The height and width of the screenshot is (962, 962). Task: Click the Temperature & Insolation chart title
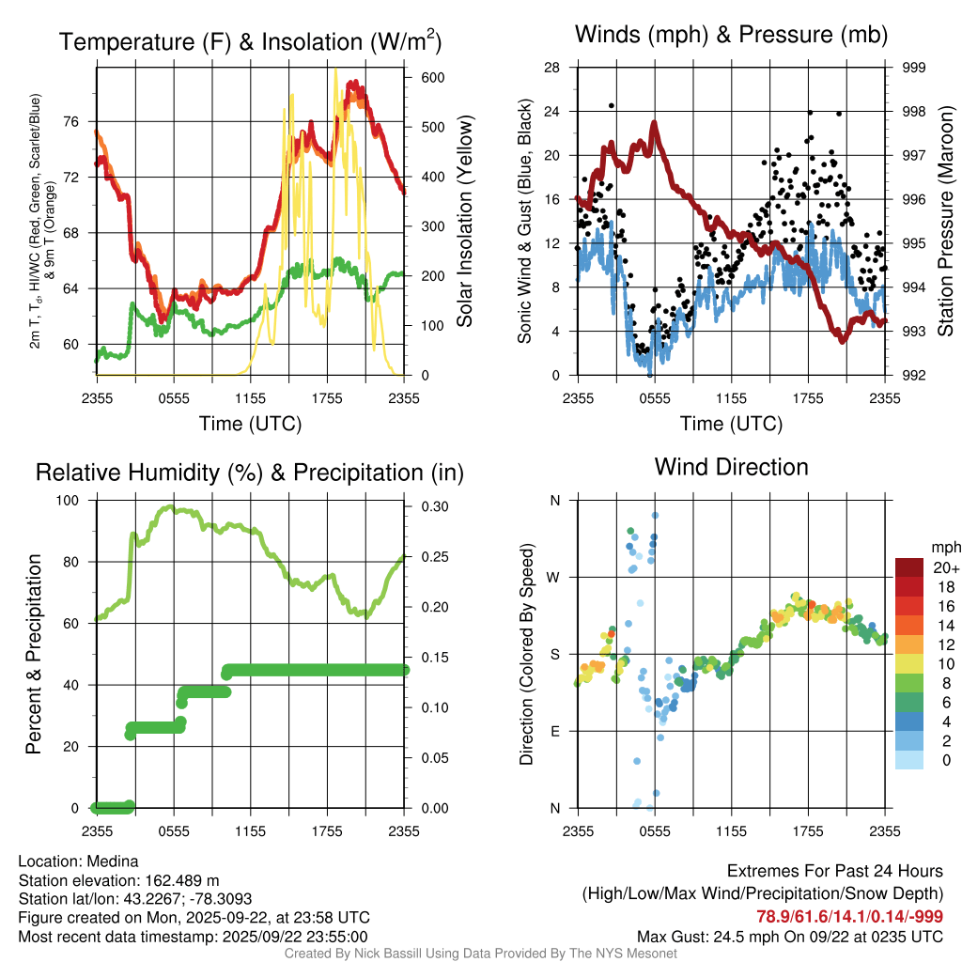coord(250,41)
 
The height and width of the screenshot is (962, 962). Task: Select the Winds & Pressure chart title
coord(731,35)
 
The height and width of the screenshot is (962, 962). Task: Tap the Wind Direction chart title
coord(731,467)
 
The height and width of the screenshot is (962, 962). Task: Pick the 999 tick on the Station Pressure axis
coord(913,68)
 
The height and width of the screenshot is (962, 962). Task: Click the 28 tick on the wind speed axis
coord(552,68)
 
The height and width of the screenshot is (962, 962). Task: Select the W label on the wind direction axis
coord(555,577)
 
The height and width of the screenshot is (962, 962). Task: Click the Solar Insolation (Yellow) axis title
coord(464,221)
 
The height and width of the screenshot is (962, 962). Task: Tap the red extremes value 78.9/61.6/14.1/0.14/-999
coord(850,916)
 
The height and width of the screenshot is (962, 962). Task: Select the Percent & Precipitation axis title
coord(34,654)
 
